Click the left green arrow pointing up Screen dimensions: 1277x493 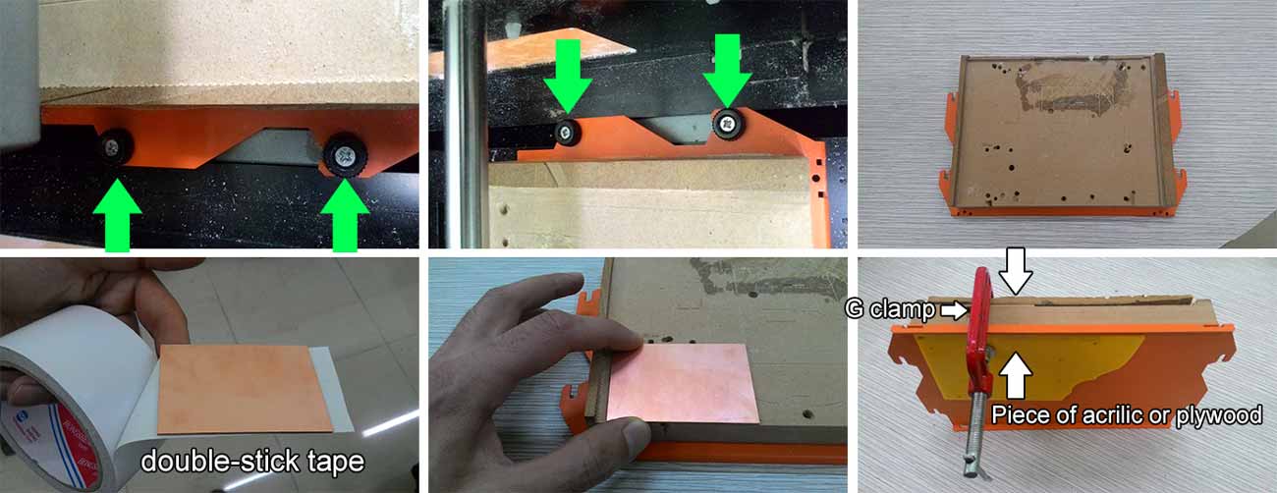point(117,215)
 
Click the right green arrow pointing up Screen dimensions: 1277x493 point(345,215)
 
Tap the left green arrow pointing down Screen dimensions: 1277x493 point(568,76)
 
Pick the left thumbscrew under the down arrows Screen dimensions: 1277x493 point(568,134)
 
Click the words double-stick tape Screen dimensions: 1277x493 point(252,461)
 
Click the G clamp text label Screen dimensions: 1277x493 point(890,309)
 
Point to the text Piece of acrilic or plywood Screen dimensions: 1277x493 point(1127,414)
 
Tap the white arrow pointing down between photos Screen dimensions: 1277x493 point(1016,271)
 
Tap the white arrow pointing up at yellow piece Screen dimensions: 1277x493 point(1015,374)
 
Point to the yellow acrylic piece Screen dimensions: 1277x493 point(1027,364)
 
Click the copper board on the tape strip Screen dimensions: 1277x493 point(246,389)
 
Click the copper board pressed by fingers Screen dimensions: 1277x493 point(683,383)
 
